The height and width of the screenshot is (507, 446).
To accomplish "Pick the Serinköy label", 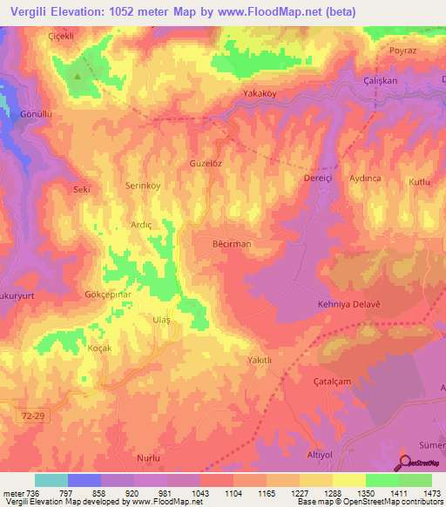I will [143, 186].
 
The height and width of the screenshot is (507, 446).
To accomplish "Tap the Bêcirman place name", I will [232, 244].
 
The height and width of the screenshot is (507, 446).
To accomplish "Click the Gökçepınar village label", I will [109, 295].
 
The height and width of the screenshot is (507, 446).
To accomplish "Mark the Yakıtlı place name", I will [260, 359].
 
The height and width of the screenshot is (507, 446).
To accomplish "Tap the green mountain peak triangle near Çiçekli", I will [78, 75].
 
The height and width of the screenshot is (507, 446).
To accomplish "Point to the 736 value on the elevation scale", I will [32, 492].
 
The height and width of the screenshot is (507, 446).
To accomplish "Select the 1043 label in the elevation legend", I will [199, 492].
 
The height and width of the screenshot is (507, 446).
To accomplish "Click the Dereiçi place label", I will [318, 178].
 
